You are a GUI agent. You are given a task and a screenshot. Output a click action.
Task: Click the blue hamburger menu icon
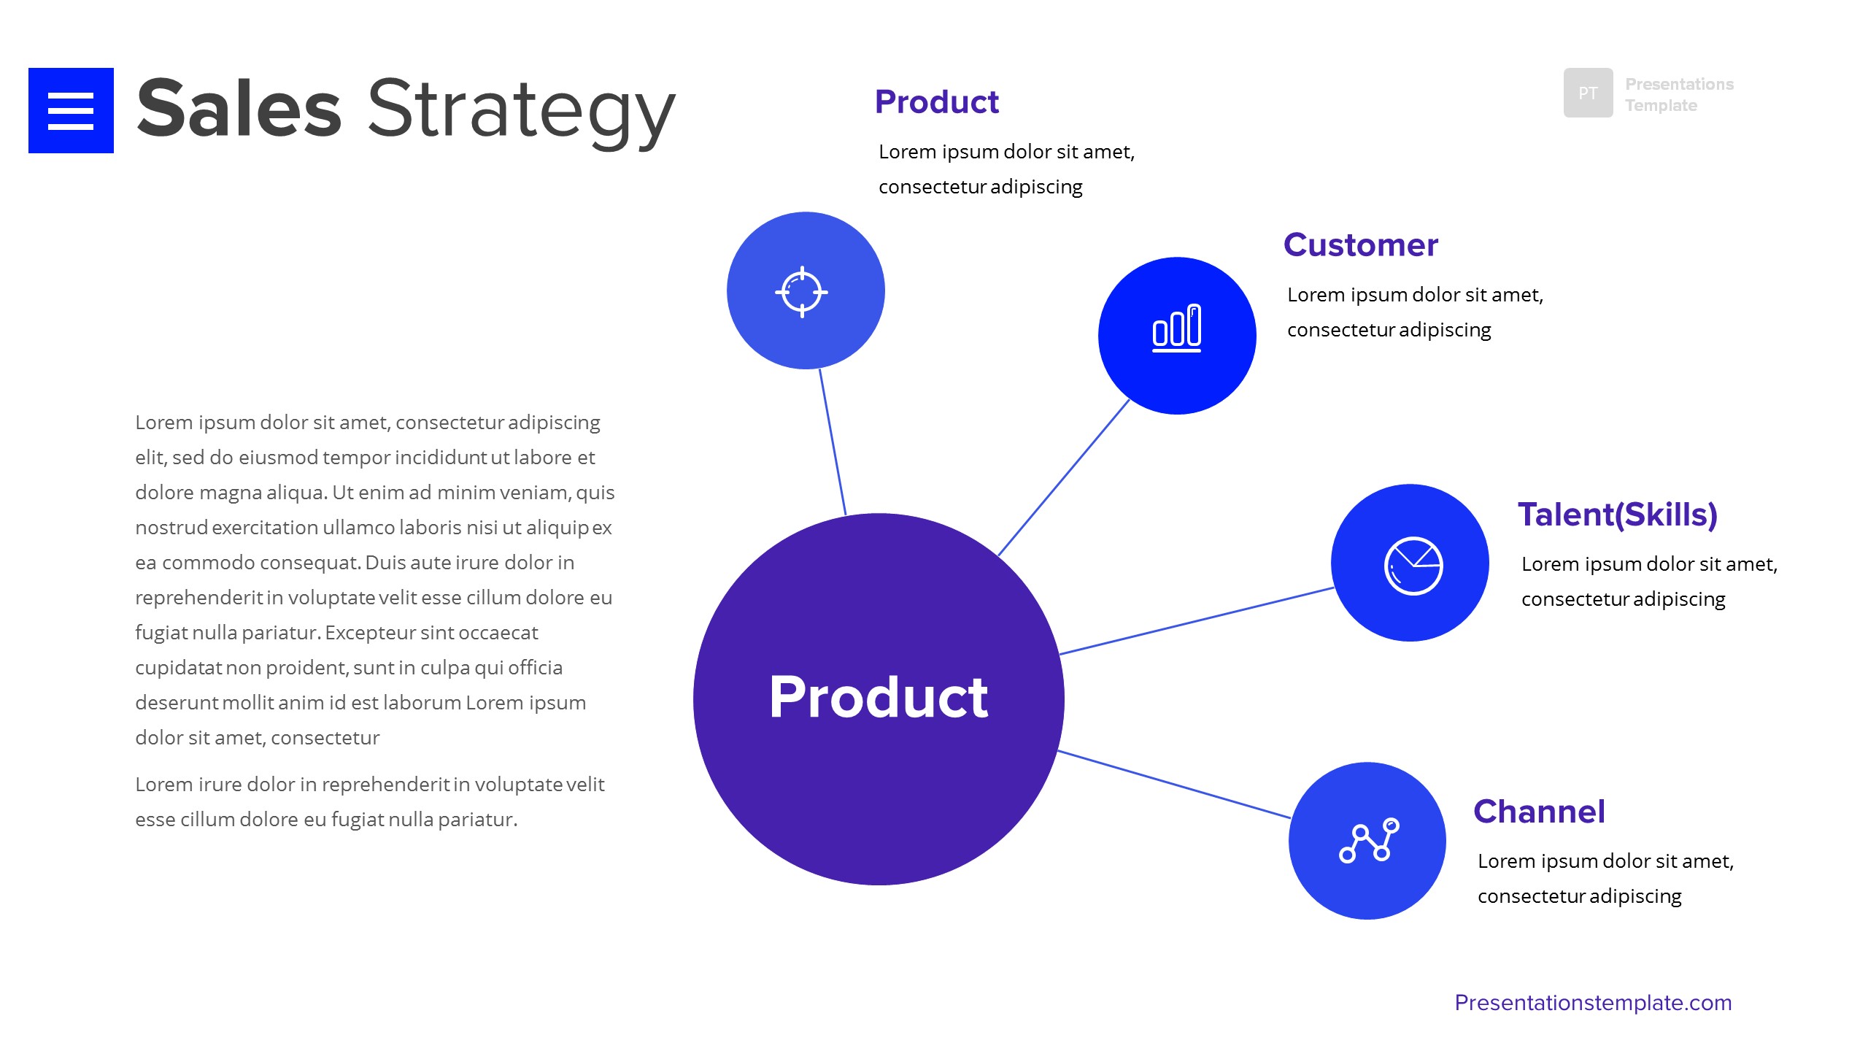(71, 110)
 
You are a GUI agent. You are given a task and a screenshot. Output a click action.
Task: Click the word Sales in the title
(239, 109)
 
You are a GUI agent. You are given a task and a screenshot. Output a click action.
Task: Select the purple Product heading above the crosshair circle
(936, 102)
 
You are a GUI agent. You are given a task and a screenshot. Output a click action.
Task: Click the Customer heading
(1360, 245)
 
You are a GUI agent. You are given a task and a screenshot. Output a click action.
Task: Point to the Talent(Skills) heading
(1617, 515)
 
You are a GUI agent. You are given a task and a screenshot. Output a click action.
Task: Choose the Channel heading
(1539, 812)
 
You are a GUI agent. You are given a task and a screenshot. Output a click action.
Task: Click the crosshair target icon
(801, 292)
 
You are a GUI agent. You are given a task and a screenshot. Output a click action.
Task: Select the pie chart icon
(1413, 566)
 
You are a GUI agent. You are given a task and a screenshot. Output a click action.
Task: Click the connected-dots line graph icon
(1368, 841)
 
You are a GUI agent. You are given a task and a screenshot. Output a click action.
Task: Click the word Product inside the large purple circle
(879, 698)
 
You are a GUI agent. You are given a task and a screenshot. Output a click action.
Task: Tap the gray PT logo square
(1588, 93)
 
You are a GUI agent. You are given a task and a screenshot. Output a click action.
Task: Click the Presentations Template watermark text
(1678, 95)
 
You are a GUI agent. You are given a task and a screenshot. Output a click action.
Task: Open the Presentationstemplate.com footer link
(1593, 1003)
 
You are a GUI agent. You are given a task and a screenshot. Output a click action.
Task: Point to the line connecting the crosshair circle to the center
(833, 442)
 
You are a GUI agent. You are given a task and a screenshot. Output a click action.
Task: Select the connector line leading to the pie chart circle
(1197, 620)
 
